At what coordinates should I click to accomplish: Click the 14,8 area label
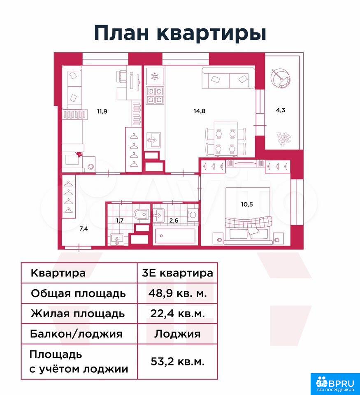pyautogui.click(x=199, y=111)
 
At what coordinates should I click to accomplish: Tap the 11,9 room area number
pyautogui.click(x=102, y=111)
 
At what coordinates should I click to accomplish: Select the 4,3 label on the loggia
pyautogui.click(x=281, y=110)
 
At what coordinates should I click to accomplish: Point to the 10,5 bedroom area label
pyautogui.click(x=247, y=204)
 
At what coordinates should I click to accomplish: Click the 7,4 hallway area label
pyautogui.click(x=84, y=229)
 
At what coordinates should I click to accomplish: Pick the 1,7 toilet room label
pyautogui.click(x=120, y=221)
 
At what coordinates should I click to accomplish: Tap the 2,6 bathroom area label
pyautogui.click(x=174, y=221)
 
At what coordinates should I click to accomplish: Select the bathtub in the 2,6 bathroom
pyautogui.click(x=175, y=236)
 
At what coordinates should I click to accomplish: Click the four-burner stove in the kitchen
pyautogui.click(x=154, y=95)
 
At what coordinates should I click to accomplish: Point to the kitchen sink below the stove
pyautogui.click(x=153, y=140)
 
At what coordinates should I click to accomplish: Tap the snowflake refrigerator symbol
pyautogui.click(x=154, y=76)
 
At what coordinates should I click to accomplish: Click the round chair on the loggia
pyautogui.click(x=281, y=78)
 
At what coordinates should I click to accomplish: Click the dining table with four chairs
pyautogui.click(x=226, y=139)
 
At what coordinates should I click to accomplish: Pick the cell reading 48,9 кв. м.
pyautogui.click(x=177, y=293)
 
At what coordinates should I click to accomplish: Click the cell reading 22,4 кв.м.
pyautogui.click(x=177, y=314)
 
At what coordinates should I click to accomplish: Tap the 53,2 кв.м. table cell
pyautogui.click(x=177, y=362)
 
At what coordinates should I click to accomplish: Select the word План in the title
pyautogui.click(x=122, y=33)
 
